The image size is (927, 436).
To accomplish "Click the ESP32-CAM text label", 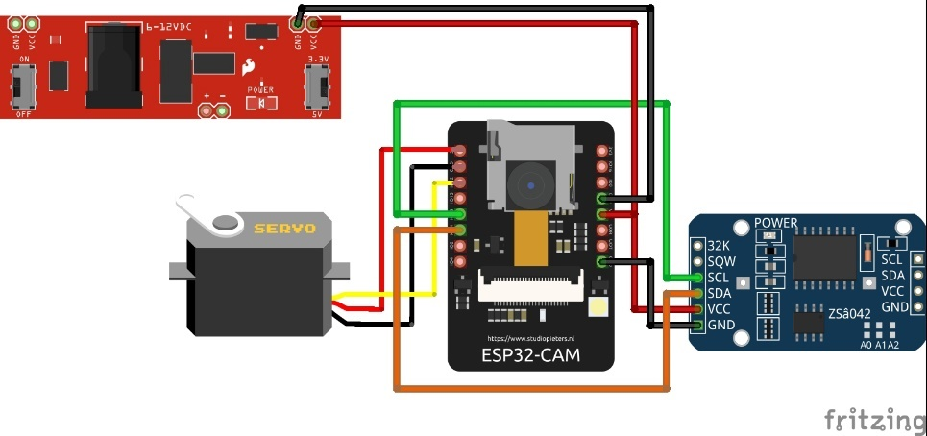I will click(531, 355).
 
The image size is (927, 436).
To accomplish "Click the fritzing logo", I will click(874, 420).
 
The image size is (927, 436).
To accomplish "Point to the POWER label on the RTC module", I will click(776, 223).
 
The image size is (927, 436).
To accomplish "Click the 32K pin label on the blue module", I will click(719, 244).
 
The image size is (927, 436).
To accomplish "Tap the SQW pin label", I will click(720, 260).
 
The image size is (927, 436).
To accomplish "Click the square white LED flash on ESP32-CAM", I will click(592, 307).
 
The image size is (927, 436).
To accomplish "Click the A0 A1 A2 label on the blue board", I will click(879, 344).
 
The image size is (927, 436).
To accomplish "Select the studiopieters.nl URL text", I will click(530, 338).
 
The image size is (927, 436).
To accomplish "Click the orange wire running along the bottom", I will click(528, 388).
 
